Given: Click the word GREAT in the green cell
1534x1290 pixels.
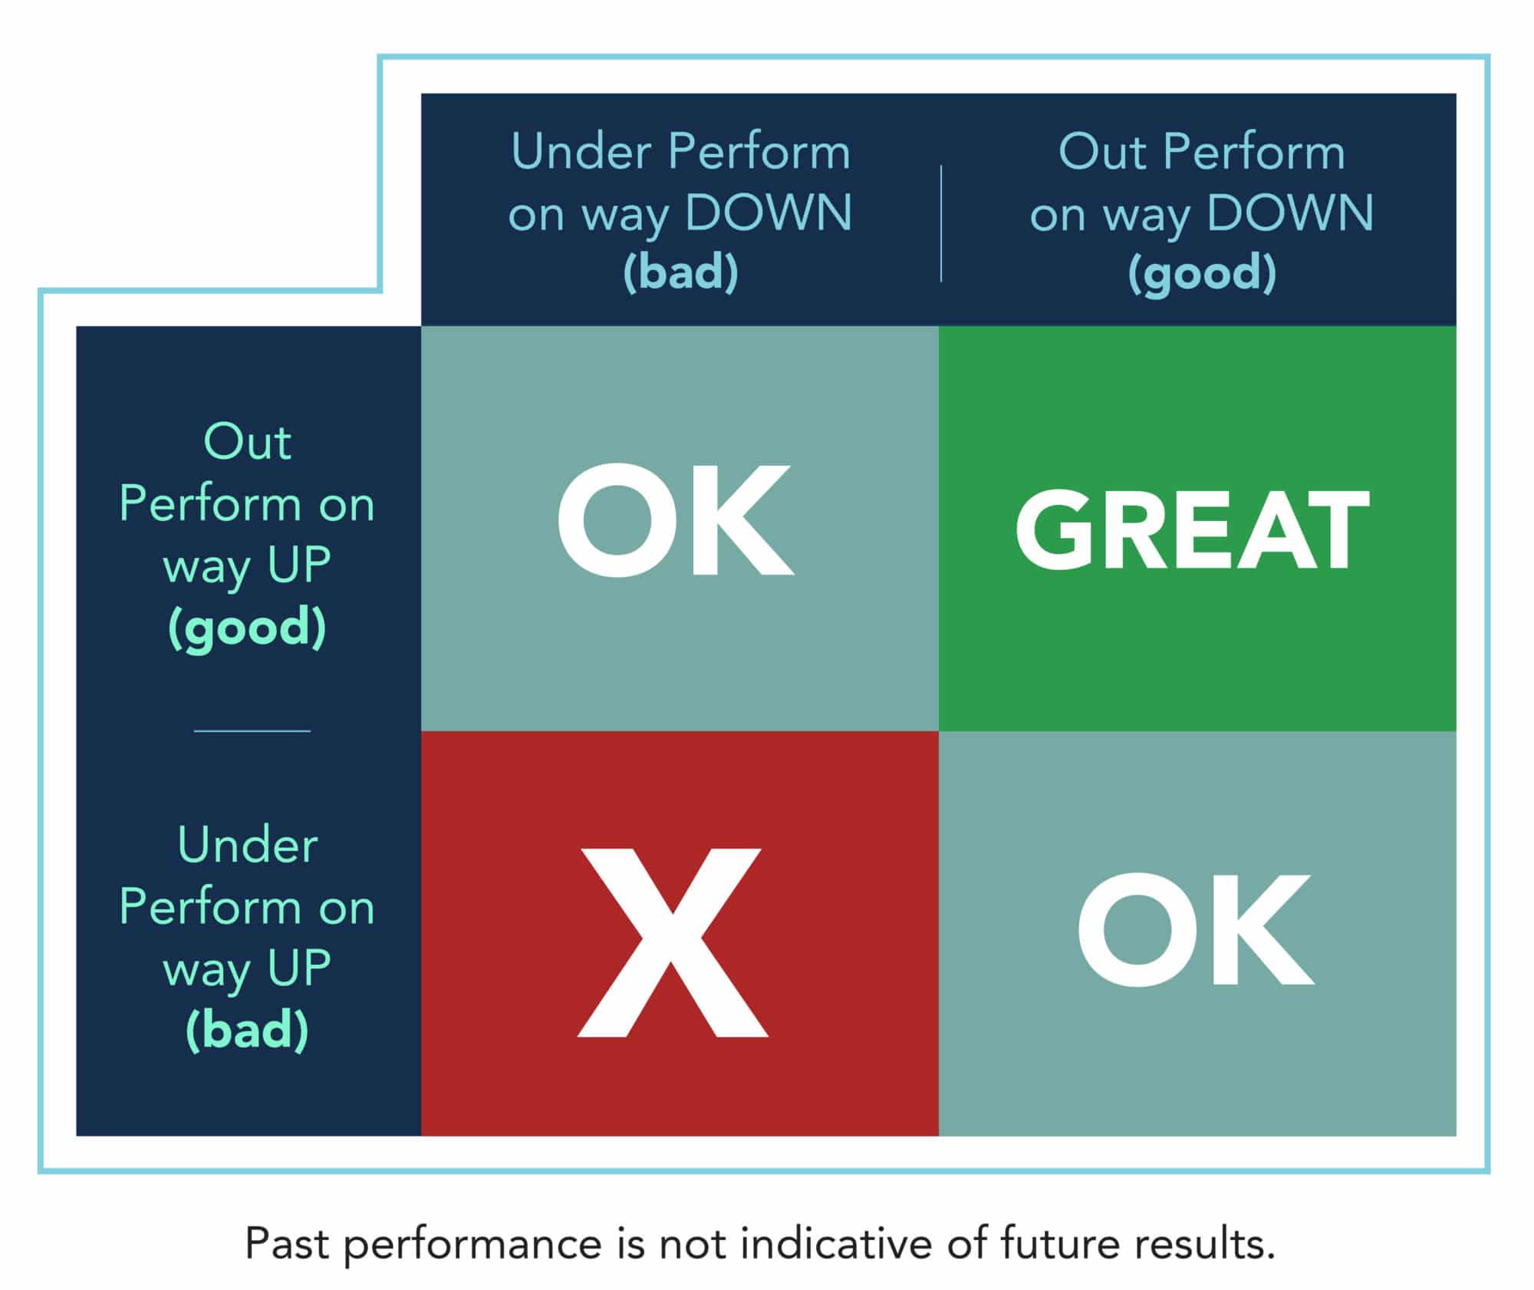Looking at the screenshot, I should [1193, 530].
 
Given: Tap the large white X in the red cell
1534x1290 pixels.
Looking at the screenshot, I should [673, 942].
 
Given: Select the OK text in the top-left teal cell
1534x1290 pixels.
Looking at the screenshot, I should [675, 520].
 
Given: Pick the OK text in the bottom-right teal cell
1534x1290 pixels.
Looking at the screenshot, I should [1196, 929].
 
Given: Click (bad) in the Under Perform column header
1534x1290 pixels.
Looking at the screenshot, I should [680, 272].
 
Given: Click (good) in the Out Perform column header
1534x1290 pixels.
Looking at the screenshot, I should [1202, 273].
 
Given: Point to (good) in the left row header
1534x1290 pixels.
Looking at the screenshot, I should [247, 628].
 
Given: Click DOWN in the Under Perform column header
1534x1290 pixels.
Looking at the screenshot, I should [769, 213].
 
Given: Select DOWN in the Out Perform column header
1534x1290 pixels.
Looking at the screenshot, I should [1290, 213].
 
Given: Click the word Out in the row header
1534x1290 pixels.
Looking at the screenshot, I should [247, 442].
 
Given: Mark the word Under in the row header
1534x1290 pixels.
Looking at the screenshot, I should [247, 845].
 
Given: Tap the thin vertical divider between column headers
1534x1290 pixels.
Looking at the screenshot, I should [941, 223].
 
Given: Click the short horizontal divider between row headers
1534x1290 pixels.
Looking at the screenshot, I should [252, 731].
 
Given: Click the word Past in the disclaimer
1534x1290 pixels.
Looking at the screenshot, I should [288, 1244].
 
